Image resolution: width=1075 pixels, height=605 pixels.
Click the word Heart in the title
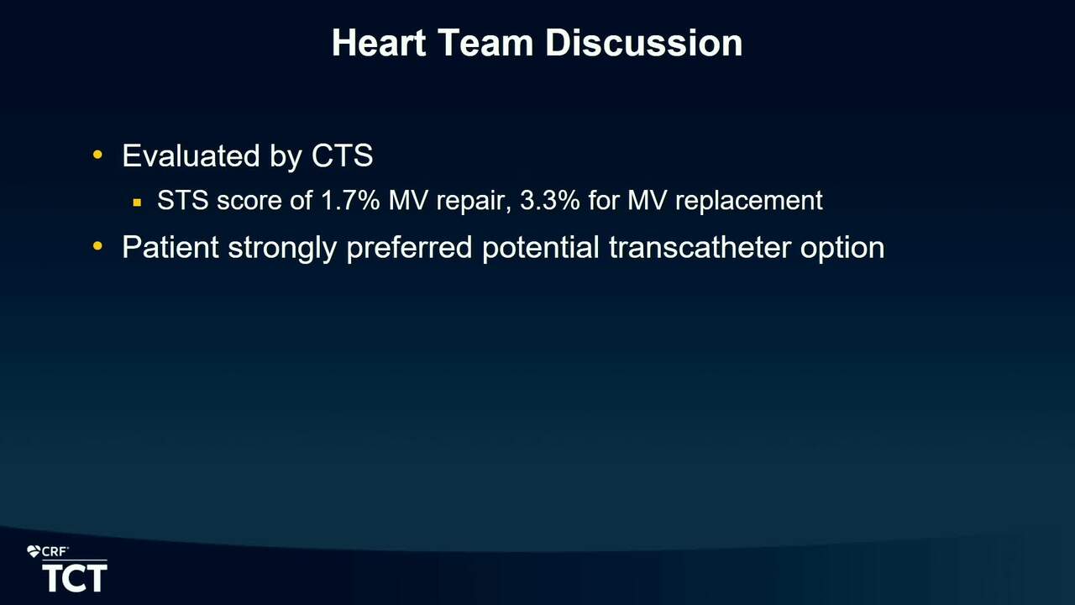[379, 43]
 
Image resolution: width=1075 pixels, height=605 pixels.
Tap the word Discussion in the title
[644, 43]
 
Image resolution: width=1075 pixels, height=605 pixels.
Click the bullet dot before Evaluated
[97, 155]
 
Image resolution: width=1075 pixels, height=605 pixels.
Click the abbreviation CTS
[342, 155]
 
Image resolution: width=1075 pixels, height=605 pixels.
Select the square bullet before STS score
[137, 203]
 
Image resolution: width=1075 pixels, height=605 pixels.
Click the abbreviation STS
[183, 200]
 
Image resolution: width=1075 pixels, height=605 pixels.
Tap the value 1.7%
[350, 200]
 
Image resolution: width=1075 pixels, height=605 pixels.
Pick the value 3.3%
[550, 200]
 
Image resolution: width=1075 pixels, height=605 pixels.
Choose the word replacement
[749, 202]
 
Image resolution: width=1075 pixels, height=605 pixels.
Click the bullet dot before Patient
[97, 246]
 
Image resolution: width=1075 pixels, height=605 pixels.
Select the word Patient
[170, 247]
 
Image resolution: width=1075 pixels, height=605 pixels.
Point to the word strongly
[282, 249]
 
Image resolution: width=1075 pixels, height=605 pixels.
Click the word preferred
[409, 249]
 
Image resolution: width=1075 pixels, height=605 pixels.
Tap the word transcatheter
[700, 247]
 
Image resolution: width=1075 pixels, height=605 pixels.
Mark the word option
[842, 249]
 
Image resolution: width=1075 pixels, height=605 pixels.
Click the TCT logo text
[75, 578]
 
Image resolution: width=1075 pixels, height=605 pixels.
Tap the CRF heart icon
[33, 552]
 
